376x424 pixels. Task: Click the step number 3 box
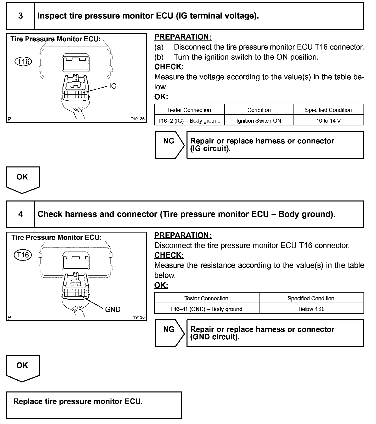point(20,16)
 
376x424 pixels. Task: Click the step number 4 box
point(20,214)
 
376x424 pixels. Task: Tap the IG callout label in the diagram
point(113,86)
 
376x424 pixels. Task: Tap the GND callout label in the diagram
point(113,310)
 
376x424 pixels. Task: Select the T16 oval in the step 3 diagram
point(23,62)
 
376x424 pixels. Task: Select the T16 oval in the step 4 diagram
point(23,255)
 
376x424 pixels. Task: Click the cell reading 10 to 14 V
point(328,121)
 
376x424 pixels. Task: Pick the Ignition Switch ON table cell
point(259,121)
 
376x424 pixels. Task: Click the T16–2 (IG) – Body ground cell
point(189,121)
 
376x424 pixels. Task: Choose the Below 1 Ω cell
point(311,309)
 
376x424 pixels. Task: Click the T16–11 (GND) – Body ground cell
point(206,309)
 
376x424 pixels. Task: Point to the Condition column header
point(259,110)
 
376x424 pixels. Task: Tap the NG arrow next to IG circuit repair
point(169,145)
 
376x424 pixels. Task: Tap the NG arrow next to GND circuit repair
point(169,333)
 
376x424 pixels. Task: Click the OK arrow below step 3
point(22,179)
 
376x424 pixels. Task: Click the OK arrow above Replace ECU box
point(22,368)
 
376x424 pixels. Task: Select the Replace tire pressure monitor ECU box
point(93,405)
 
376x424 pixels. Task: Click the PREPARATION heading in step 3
point(183,37)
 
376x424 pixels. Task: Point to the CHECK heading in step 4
point(169,255)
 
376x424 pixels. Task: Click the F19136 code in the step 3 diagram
point(137,119)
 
